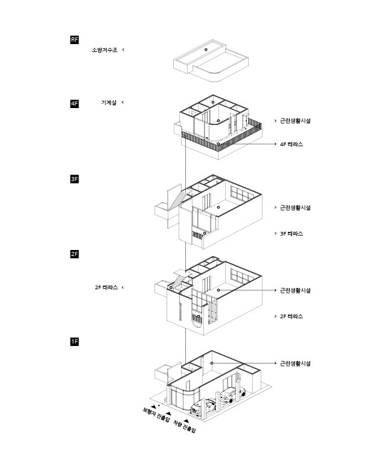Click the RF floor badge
tap(74, 40)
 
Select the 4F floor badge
tap(74, 104)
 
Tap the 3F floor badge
tap(74, 179)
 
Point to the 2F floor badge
tap(74, 254)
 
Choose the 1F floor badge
tap(74, 342)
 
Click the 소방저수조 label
tap(104, 50)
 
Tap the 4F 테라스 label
tap(291, 145)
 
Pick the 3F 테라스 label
tap(291, 233)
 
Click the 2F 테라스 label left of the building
tap(106, 287)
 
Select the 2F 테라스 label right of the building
tap(291, 316)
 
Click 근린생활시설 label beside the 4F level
tap(295, 121)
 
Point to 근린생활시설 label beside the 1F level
tap(295, 364)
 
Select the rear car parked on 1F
tap(230, 395)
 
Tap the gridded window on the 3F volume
tap(243, 196)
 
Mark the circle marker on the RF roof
tap(205, 48)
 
